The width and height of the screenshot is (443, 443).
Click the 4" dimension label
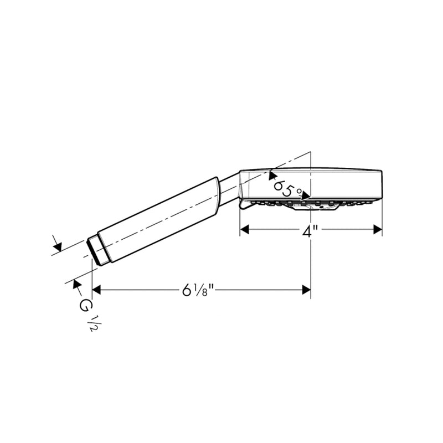pyautogui.click(x=310, y=232)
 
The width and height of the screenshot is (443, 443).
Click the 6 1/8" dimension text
pyautogui.click(x=199, y=290)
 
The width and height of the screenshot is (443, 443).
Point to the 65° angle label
pyautogui.click(x=286, y=189)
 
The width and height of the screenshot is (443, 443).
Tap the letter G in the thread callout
pyautogui.click(x=84, y=306)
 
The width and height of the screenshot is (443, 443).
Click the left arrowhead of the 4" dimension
pyautogui.click(x=244, y=229)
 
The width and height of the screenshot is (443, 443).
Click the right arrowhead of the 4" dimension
pyautogui.click(x=378, y=229)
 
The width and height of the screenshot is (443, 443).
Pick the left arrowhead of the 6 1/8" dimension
pyautogui.click(x=96, y=290)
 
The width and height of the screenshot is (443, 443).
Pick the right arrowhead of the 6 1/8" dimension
pyautogui.click(x=306, y=290)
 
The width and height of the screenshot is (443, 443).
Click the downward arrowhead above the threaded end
pyautogui.click(x=58, y=246)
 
